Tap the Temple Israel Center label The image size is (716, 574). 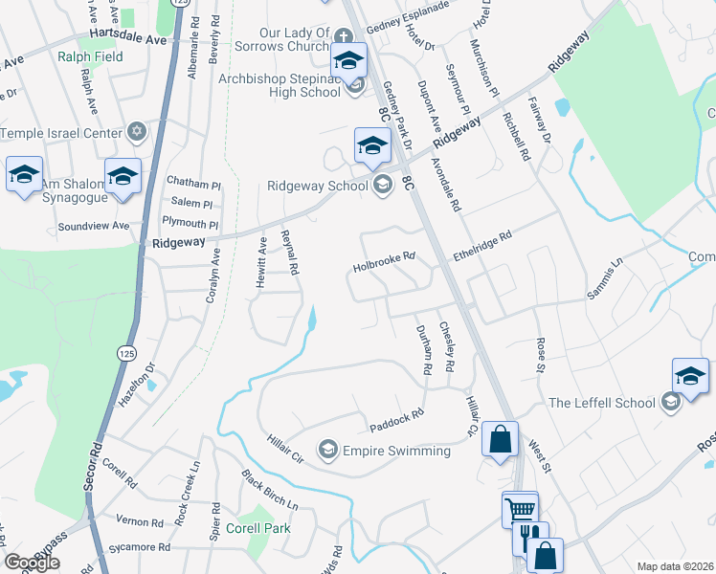[x=62, y=133]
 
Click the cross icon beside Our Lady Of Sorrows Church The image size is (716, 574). [x=343, y=35]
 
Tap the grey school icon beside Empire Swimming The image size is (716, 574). [x=328, y=450]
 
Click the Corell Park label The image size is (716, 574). [x=257, y=528]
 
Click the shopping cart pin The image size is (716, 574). [x=520, y=508]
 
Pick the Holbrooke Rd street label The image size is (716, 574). [x=384, y=256]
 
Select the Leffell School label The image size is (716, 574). [x=601, y=403]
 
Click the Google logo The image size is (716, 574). [x=32, y=563]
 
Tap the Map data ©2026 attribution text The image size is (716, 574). [x=674, y=566]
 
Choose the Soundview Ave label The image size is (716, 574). [x=93, y=227]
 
